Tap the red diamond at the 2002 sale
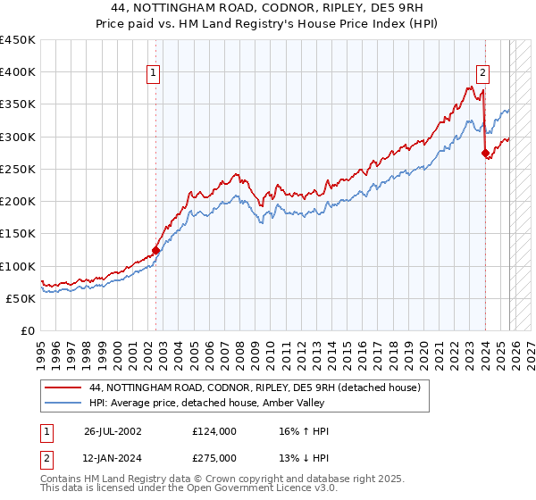[155, 251]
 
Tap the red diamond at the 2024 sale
[485, 154]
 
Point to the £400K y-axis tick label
[18, 72]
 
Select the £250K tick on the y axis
[18, 169]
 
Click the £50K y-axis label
[21, 298]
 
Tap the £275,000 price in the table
[214, 458]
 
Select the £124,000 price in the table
[214, 431]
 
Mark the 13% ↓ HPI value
[304, 458]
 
